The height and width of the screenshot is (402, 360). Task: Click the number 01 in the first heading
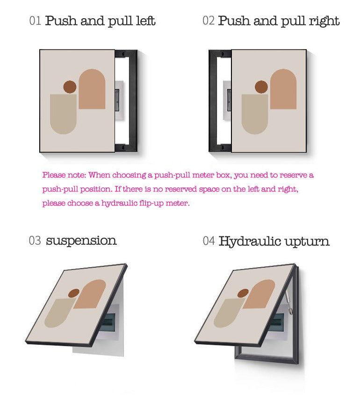pos(35,21)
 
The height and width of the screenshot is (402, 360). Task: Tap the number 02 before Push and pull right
pos(209,21)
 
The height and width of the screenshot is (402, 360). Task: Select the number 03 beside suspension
pos(35,241)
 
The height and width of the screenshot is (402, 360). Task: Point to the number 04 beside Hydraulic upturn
pos(209,241)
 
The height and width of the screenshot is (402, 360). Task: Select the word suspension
pos(81,241)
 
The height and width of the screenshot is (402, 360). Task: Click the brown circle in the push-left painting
pos(70,87)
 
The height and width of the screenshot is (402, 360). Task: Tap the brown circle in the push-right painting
pos(261,87)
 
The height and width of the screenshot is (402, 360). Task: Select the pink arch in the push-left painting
pos(92,89)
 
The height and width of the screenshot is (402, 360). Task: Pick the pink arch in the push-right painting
pos(283,89)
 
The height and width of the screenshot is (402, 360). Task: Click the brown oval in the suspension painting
pos(74,293)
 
